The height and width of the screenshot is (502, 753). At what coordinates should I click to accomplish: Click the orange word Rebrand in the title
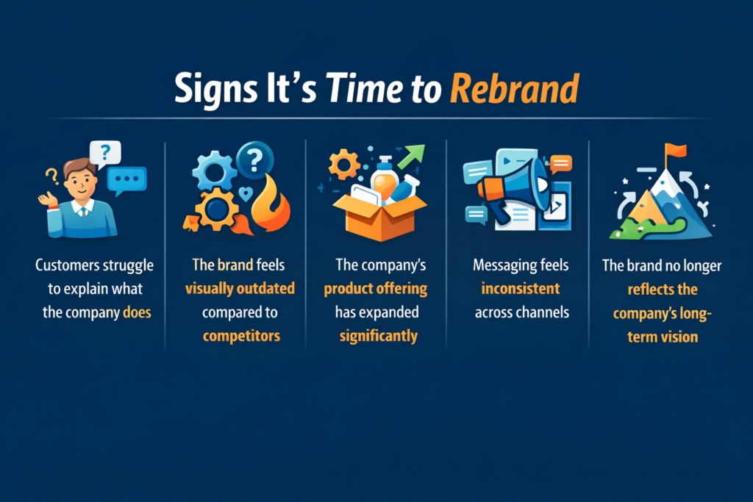coord(514,89)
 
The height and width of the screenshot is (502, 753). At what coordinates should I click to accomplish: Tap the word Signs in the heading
coord(216,90)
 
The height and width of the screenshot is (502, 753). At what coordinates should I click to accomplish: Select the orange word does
coord(137,312)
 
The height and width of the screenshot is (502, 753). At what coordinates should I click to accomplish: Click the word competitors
coord(241,336)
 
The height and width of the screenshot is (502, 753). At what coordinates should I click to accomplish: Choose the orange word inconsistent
coord(521,288)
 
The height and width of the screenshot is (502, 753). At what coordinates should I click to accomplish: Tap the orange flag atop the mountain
coord(676,150)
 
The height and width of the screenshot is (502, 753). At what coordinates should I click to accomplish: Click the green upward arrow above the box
coord(412,157)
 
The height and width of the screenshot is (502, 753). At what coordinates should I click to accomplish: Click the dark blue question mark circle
coord(255,159)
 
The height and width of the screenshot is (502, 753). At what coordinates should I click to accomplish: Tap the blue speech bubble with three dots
coord(126,180)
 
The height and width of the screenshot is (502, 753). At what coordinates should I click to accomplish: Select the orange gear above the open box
coord(344,165)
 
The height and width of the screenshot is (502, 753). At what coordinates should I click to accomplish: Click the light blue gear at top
coord(214,172)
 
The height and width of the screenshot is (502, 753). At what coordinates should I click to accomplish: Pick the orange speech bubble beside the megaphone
coord(561,164)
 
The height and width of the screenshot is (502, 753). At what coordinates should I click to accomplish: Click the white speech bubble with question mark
coord(105,154)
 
